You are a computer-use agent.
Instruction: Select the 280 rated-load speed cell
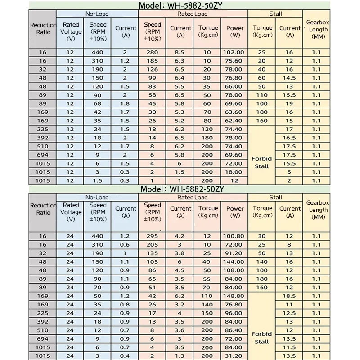(x=153, y=52)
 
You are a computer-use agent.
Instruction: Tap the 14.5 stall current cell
(x=290, y=78)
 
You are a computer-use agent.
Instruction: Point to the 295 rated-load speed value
(x=153, y=236)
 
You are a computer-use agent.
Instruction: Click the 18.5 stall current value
(x=290, y=296)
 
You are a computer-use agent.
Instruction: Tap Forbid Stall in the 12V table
(x=262, y=162)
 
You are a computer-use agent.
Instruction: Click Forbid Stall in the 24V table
(x=262, y=337)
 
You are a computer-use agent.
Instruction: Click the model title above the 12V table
(x=180, y=6)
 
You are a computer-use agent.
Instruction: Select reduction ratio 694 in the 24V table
(x=43, y=339)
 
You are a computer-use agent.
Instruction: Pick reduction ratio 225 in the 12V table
(x=43, y=129)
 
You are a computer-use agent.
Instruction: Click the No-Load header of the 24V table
(x=97, y=198)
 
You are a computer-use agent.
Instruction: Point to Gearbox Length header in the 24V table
(x=318, y=210)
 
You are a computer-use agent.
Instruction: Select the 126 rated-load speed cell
(x=153, y=69)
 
